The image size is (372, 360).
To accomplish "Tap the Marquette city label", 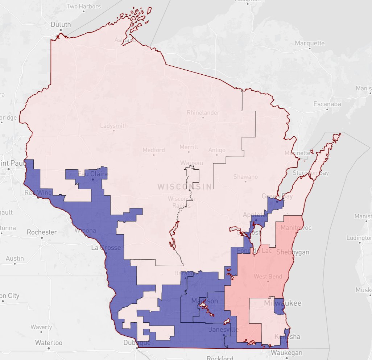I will click(x=310, y=43).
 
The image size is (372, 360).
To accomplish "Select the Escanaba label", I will click(x=327, y=104).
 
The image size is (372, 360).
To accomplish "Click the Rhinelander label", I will click(x=203, y=113).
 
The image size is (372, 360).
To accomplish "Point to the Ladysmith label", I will click(x=114, y=126).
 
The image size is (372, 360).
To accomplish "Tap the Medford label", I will click(x=153, y=150).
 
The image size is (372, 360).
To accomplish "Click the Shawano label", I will click(x=245, y=177).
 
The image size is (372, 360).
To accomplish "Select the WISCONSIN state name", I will click(x=185, y=186).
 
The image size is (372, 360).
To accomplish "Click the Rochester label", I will click(x=42, y=232).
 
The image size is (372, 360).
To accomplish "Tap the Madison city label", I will click(x=205, y=301).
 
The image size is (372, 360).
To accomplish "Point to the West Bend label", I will click(x=268, y=277).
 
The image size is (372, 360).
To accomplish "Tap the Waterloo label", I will click(x=49, y=343).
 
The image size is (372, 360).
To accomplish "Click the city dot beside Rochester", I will click(x=42, y=237).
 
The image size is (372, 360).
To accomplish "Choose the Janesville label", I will click(x=224, y=330).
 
